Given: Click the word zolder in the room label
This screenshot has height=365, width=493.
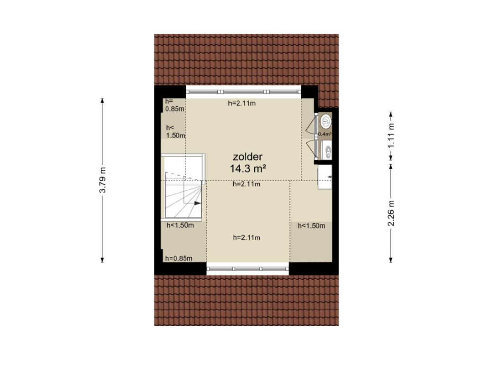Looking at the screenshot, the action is pyautogui.click(x=247, y=156).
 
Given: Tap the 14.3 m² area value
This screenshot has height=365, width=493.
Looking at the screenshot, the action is pyautogui.click(x=248, y=169).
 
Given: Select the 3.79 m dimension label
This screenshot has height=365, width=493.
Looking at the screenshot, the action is pyautogui.click(x=103, y=180).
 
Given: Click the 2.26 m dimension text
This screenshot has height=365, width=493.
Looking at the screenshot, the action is pyautogui.click(x=391, y=213).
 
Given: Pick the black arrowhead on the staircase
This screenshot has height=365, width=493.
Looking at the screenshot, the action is pyautogui.click(x=197, y=203).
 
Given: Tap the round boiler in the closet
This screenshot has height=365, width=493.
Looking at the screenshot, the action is pyautogui.click(x=326, y=120).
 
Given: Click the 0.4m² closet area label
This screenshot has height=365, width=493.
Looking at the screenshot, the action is pyautogui.click(x=325, y=134).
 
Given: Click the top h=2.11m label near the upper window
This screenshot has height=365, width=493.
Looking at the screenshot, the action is pyautogui.click(x=241, y=103).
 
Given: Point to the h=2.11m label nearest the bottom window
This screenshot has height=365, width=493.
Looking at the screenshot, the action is pyautogui.click(x=246, y=238).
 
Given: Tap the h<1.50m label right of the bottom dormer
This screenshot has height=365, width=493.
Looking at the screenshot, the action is pyautogui.click(x=311, y=226).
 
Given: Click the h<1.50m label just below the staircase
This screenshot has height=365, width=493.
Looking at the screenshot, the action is pyautogui.click(x=180, y=225).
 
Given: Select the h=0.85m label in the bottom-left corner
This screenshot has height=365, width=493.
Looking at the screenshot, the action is pyautogui.click(x=178, y=258).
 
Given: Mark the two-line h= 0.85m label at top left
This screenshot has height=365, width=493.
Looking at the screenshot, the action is pyautogui.click(x=174, y=105).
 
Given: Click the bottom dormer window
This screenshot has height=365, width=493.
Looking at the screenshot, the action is pyautogui.click(x=248, y=268).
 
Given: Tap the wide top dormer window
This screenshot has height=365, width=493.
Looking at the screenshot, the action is pyautogui.click(x=244, y=92).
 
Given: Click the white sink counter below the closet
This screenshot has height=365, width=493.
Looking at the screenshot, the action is pyautogui.click(x=325, y=177).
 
